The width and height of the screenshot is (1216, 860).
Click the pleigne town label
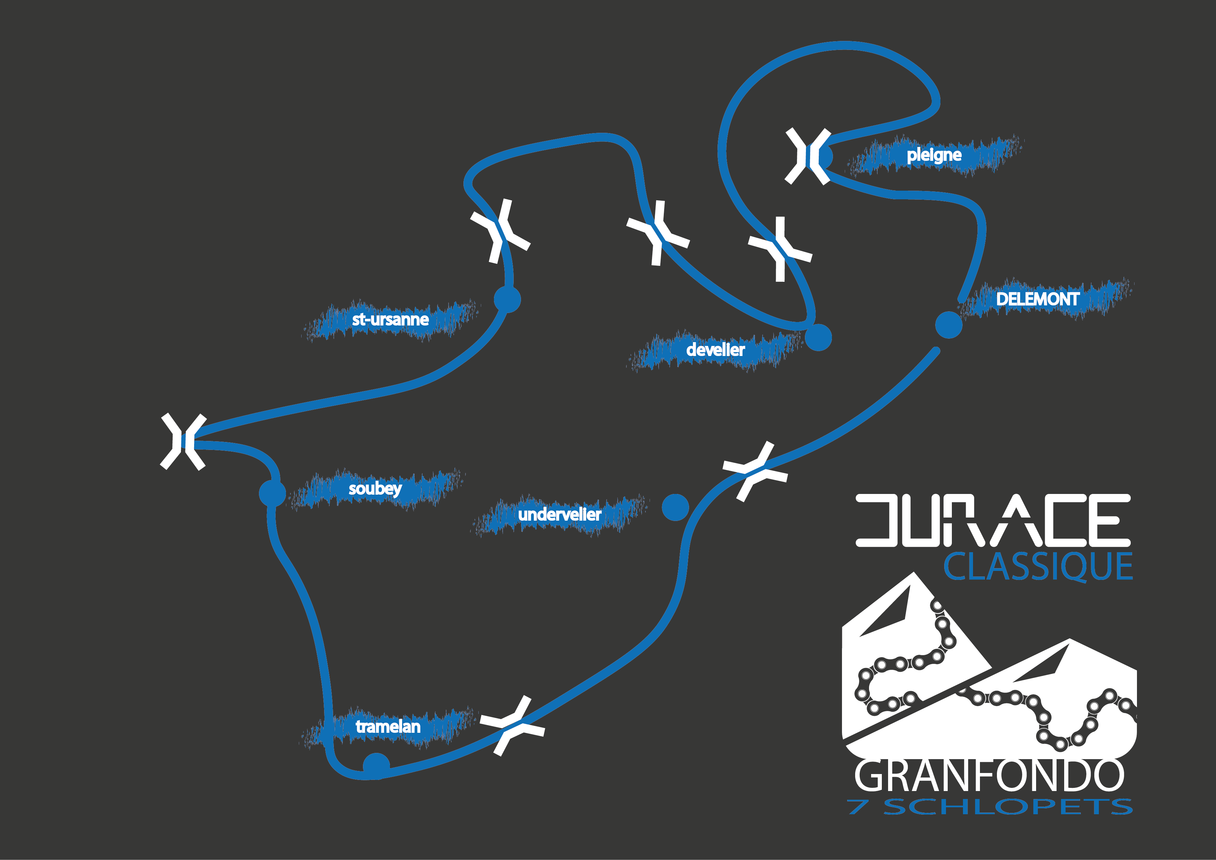point(934,155)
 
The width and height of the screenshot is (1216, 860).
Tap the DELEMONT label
point(1037,299)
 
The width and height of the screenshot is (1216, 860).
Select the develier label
point(715,349)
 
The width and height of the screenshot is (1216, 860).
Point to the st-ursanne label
point(390,319)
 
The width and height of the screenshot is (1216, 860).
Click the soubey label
point(375,489)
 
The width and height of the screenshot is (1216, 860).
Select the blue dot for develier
point(818,337)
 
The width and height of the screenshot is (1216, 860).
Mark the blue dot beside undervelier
point(675,507)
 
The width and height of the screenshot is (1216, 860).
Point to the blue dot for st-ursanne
point(507,300)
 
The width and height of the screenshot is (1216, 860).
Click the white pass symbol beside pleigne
point(808,156)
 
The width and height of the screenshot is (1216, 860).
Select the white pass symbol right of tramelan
point(512,726)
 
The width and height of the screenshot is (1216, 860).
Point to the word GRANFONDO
point(989,776)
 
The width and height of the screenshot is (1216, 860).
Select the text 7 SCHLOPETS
point(989,807)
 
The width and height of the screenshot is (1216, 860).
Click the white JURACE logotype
point(993,521)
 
